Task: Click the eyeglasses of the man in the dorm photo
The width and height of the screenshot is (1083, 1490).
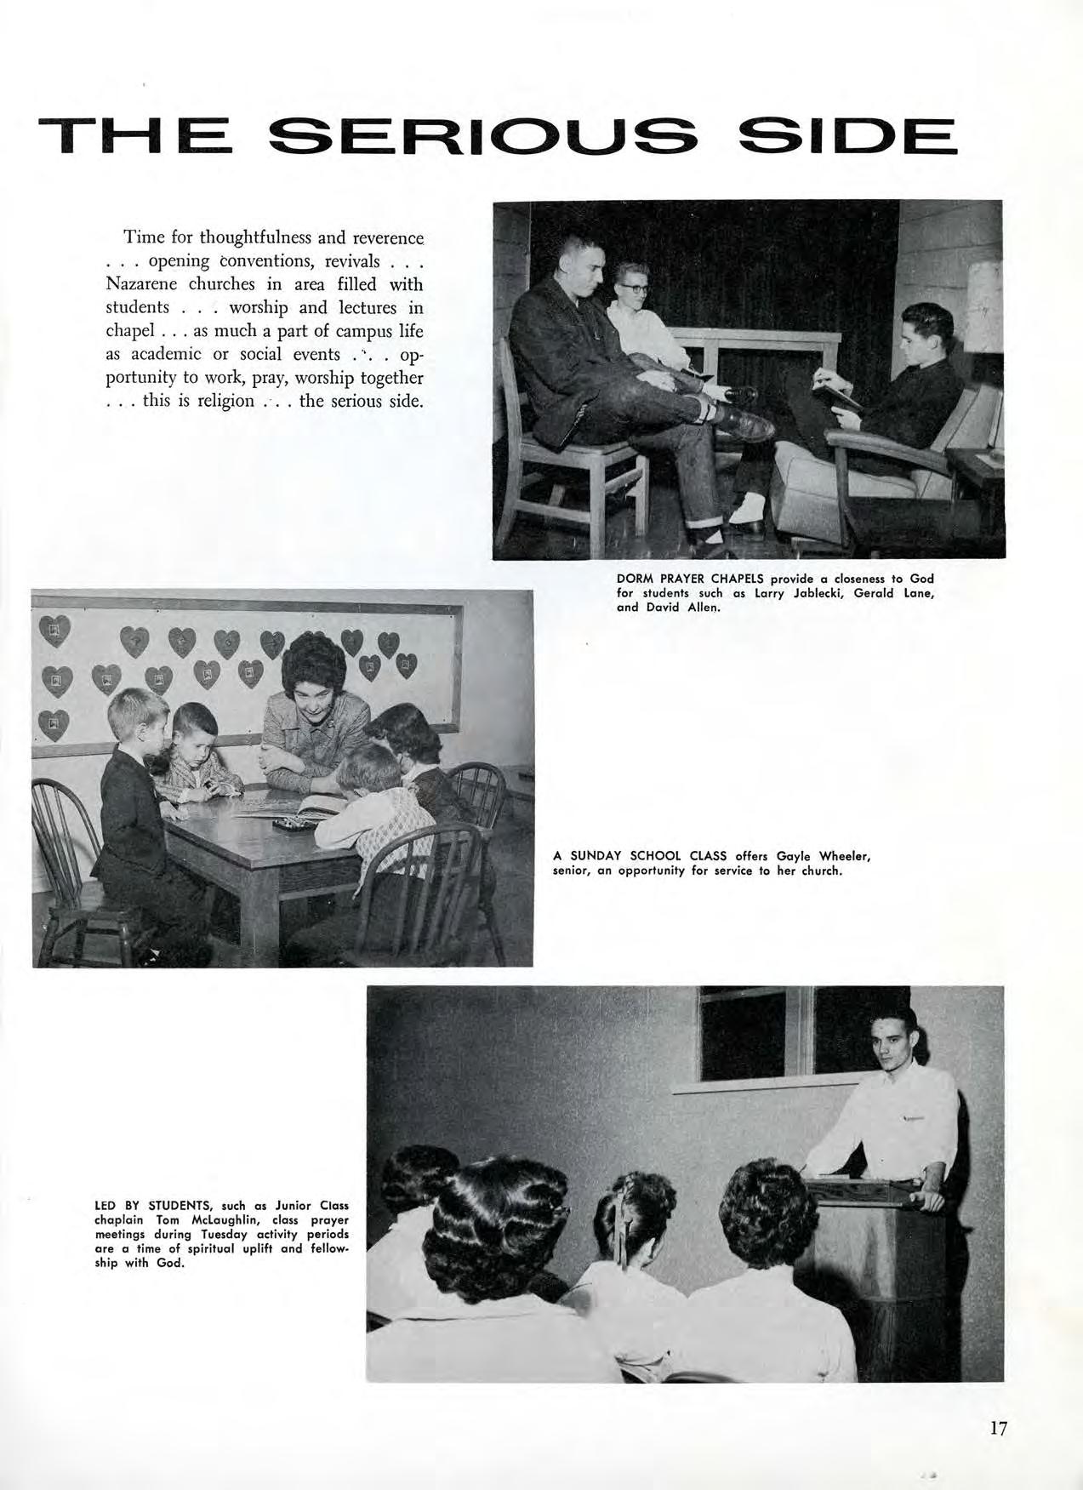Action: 635,288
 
